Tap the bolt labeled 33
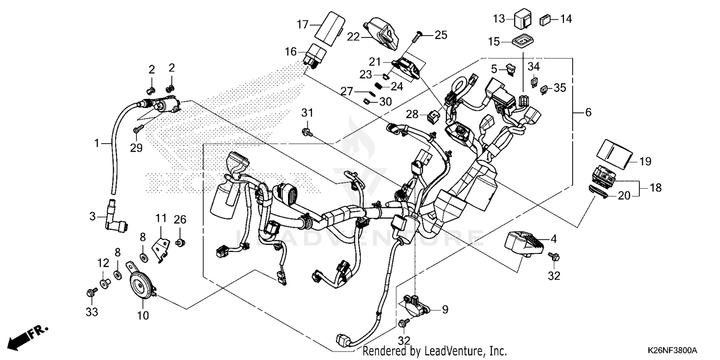(x=90, y=292)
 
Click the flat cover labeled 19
(x=614, y=153)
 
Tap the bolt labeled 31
(x=305, y=131)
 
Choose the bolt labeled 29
(x=136, y=129)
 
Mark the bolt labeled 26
(x=180, y=243)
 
